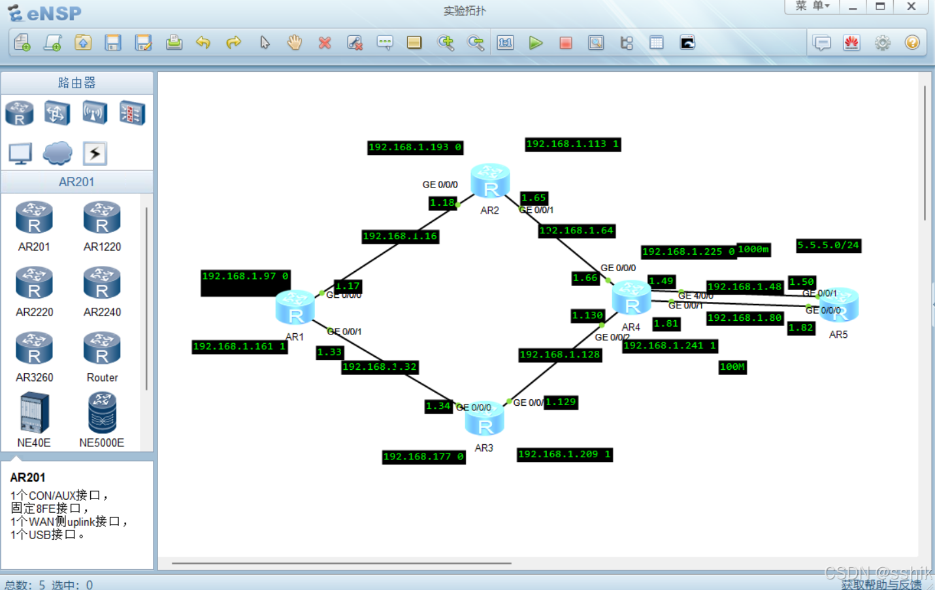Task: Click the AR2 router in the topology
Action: coord(490,182)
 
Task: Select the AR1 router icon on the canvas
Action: coord(295,308)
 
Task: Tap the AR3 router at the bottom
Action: coord(484,419)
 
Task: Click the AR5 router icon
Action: coord(838,305)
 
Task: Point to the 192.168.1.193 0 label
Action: coord(415,148)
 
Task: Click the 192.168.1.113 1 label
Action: coord(572,144)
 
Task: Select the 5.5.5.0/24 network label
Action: coord(828,246)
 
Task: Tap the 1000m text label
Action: coord(753,250)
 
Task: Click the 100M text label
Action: coord(732,367)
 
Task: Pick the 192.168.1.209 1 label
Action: coord(565,454)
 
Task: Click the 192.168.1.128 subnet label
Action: coord(560,355)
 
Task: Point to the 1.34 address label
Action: coord(438,406)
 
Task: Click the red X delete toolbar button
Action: coord(325,43)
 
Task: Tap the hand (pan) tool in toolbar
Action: coord(295,43)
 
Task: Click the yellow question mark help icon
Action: coord(912,43)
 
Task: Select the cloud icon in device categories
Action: coord(57,153)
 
